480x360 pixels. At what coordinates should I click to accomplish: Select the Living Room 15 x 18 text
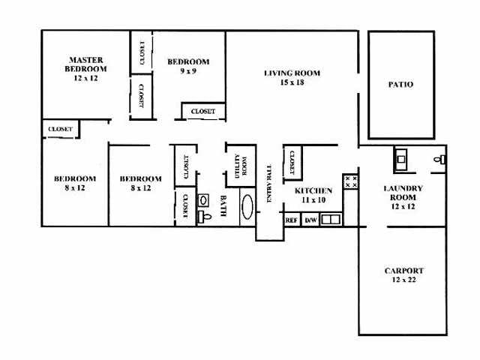coord(292,78)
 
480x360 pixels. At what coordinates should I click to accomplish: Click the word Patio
coord(400,85)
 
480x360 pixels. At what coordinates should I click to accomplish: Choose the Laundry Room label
coord(403,197)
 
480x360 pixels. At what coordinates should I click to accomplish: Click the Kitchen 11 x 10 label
coord(313,196)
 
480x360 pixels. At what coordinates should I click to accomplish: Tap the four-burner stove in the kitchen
coord(350,181)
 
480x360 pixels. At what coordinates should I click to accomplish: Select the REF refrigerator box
coord(292,220)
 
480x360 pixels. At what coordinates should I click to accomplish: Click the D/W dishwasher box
coord(310,220)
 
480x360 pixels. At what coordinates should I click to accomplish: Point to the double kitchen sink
coord(331,220)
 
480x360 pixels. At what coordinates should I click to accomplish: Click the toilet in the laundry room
coord(441,159)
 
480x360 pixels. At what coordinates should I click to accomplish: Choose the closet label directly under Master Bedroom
coord(60,129)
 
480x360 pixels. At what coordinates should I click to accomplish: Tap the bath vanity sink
coord(202,201)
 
